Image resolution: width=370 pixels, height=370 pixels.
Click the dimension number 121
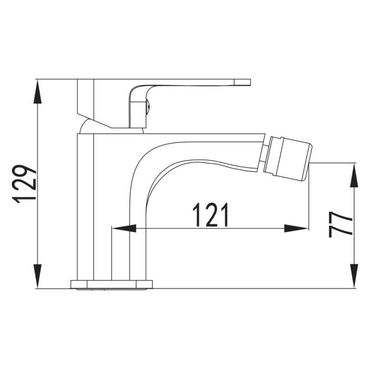click(x=211, y=215)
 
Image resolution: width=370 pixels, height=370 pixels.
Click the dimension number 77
click(x=340, y=224)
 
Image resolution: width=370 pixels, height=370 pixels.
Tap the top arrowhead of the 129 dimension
click(x=38, y=91)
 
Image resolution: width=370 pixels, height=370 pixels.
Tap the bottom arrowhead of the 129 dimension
click(x=38, y=276)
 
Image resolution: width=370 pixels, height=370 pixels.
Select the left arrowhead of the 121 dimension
click(x=124, y=228)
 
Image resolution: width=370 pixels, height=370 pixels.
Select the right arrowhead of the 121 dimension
click(x=296, y=228)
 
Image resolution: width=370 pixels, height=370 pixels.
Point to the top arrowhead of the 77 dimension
click(x=354, y=175)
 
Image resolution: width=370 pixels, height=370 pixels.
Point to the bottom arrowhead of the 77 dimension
click(x=354, y=276)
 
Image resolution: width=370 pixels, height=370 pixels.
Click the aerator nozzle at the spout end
click(x=288, y=159)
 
